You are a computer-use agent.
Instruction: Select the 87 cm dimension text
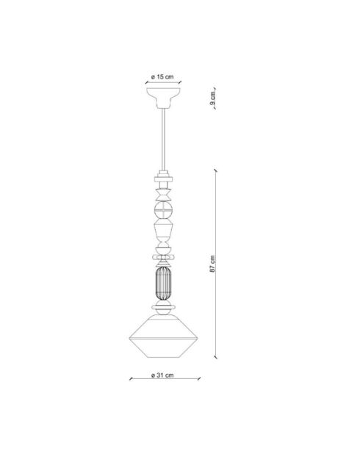pos(212,264)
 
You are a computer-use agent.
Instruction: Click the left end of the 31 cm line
pos(130,380)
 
